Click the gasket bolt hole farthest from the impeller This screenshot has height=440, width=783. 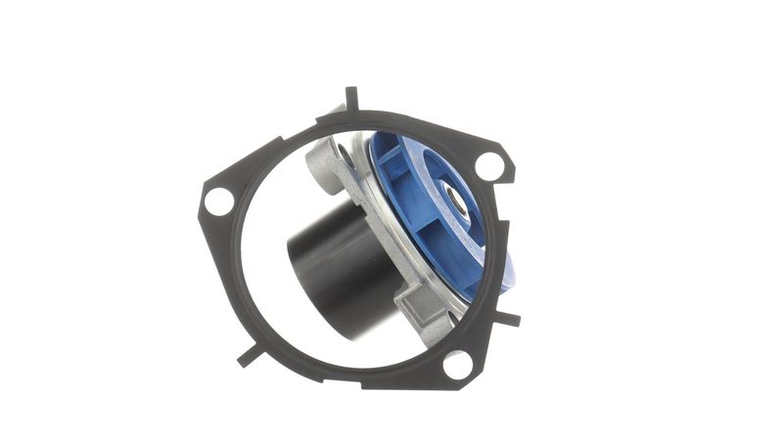[x=219, y=201]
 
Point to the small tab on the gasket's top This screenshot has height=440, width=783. [x=351, y=99]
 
